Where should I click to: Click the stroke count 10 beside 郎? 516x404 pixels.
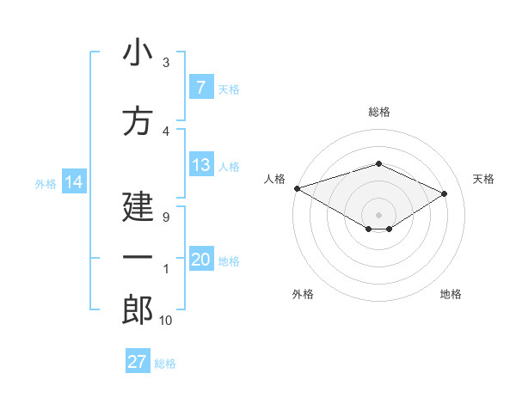click(x=165, y=321)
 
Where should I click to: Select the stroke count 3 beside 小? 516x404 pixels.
click(x=166, y=62)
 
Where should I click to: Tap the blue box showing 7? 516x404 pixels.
click(x=201, y=87)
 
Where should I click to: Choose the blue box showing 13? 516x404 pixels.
click(x=201, y=165)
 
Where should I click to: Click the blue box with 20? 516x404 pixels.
click(x=201, y=260)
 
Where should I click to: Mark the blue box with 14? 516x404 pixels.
click(x=73, y=182)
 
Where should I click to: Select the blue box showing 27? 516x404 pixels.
click(x=138, y=362)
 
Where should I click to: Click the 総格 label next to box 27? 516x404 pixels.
click(x=165, y=364)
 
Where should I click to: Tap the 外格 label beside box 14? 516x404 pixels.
click(x=46, y=183)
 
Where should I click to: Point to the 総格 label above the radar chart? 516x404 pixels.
click(x=378, y=112)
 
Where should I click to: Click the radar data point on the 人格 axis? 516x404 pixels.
click(x=297, y=188)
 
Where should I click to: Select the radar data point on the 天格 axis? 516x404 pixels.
click(x=444, y=193)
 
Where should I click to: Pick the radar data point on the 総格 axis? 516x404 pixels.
click(x=378, y=163)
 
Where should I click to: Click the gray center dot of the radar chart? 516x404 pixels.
click(x=378, y=213)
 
